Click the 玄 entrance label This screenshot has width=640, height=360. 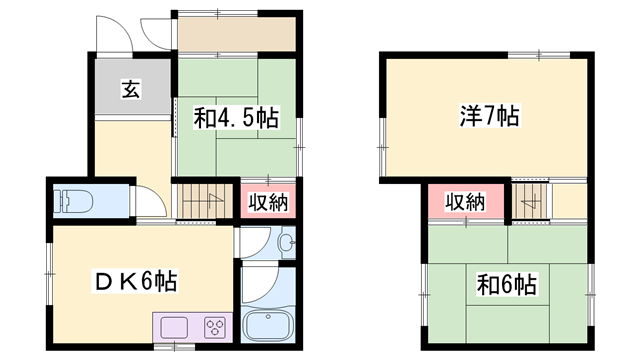click(131, 89)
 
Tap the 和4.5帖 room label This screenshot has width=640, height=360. click(235, 118)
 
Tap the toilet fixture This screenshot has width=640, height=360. click(71, 200)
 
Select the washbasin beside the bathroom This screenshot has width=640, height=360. click(284, 243)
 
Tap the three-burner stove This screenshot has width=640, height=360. click(216, 326)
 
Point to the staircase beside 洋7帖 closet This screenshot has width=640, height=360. click(531, 201)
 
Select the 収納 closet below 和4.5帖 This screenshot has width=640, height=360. click(265, 201)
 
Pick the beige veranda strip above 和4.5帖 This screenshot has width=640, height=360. click(236, 35)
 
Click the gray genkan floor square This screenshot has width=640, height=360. click(130, 88)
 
